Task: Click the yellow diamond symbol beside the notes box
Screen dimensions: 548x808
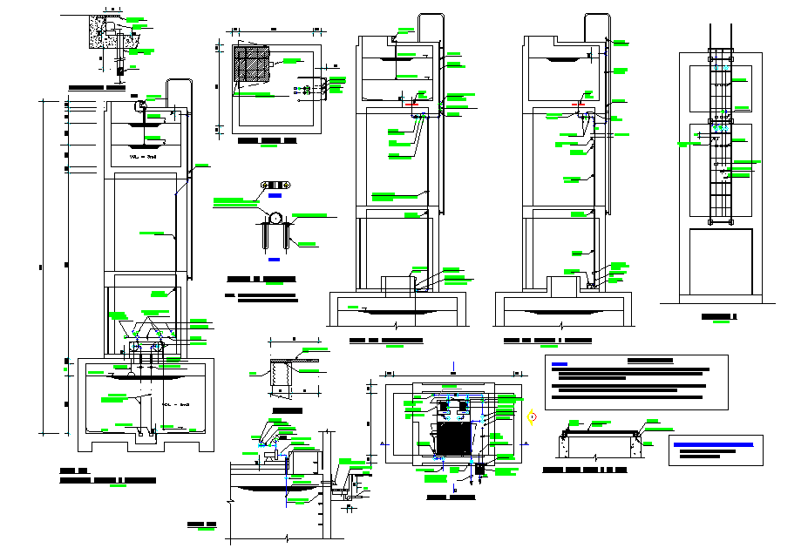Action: [x=532, y=416]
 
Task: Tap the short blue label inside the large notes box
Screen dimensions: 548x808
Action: [x=560, y=364]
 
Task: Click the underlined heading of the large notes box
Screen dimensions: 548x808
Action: [x=649, y=360]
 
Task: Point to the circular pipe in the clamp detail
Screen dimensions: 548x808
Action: [x=275, y=220]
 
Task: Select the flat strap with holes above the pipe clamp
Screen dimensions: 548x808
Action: [x=275, y=186]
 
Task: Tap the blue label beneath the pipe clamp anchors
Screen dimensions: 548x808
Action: [x=274, y=260]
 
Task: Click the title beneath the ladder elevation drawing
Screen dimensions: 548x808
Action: [x=720, y=315]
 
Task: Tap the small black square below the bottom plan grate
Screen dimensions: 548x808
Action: [x=479, y=469]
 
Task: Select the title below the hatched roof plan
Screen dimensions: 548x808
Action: [x=267, y=139]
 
